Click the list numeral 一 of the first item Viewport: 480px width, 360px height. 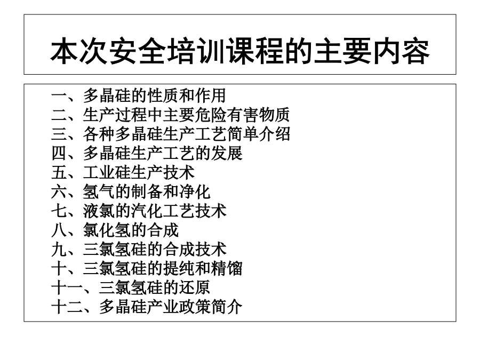(x=59, y=96)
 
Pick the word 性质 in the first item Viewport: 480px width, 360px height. (x=163, y=95)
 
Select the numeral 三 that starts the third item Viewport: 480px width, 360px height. (x=59, y=134)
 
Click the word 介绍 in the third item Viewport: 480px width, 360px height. (x=274, y=134)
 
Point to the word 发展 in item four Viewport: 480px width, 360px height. (x=227, y=154)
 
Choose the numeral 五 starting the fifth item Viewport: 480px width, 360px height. (x=59, y=173)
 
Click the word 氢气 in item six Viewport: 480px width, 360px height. (x=99, y=192)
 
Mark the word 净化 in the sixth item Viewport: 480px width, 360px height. (x=195, y=192)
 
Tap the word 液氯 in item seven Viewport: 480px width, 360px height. (x=99, y=211)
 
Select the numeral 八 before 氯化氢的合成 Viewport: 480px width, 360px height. (x=59, y=230)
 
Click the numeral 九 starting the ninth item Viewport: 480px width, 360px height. (x=59, y=250)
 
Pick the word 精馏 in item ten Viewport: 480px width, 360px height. (x=227, y=269)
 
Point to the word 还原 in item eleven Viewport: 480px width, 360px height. (x=195, y=288)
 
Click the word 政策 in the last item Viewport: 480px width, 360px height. (x=195, y=307)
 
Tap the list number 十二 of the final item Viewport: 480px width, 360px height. (x=67, y=307)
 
